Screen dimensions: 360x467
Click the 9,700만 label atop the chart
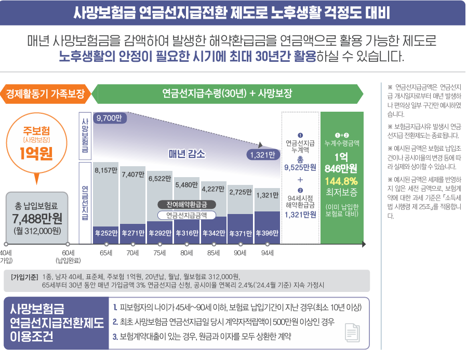coord(108,118)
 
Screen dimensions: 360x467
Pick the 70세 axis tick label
coord(132,253)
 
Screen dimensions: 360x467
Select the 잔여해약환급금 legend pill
coord(186,204)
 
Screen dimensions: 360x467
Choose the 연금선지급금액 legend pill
coord(186,215)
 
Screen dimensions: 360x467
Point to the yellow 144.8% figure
coord(341,181)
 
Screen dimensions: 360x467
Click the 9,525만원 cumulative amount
coord(300,168)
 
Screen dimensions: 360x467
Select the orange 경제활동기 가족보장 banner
coord(46,94)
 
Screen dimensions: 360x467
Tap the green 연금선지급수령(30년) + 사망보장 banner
coord(227,94)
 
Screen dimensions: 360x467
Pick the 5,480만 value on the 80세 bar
coord(186,184)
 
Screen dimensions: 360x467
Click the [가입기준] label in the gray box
coord(23,276)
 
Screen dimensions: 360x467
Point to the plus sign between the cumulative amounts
coord(300,180)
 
